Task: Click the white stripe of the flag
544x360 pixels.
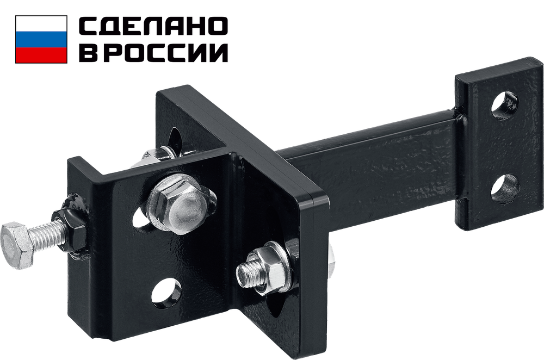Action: [41, 23]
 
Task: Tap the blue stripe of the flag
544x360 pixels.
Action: [41, 40]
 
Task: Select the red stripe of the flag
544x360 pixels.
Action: [41, 55]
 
